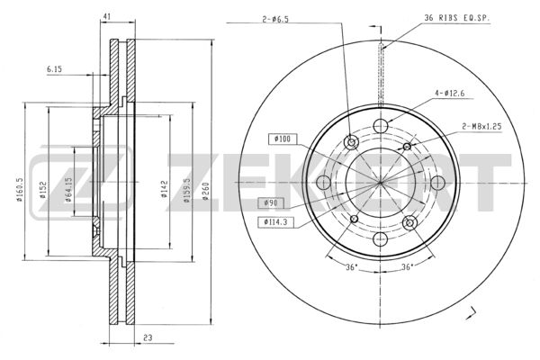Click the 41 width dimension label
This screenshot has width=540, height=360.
click(x=107, y=16)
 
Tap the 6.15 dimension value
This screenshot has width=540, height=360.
click(x=54, y=69)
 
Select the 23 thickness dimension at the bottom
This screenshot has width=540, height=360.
click(x=148, y=337)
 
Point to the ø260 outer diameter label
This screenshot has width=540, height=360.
click(x=205, y=192)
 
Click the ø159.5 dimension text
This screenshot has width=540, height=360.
click(x=187, y=190)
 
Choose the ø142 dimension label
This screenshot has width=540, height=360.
click(x=165, y=189)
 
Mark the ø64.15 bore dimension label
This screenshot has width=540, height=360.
click(x=68, y=190)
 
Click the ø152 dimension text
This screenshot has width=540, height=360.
click(x=42, y=190)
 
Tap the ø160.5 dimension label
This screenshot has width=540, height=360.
click(x=19, y=190)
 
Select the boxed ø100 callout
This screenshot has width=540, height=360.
click(x=283, y=139)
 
